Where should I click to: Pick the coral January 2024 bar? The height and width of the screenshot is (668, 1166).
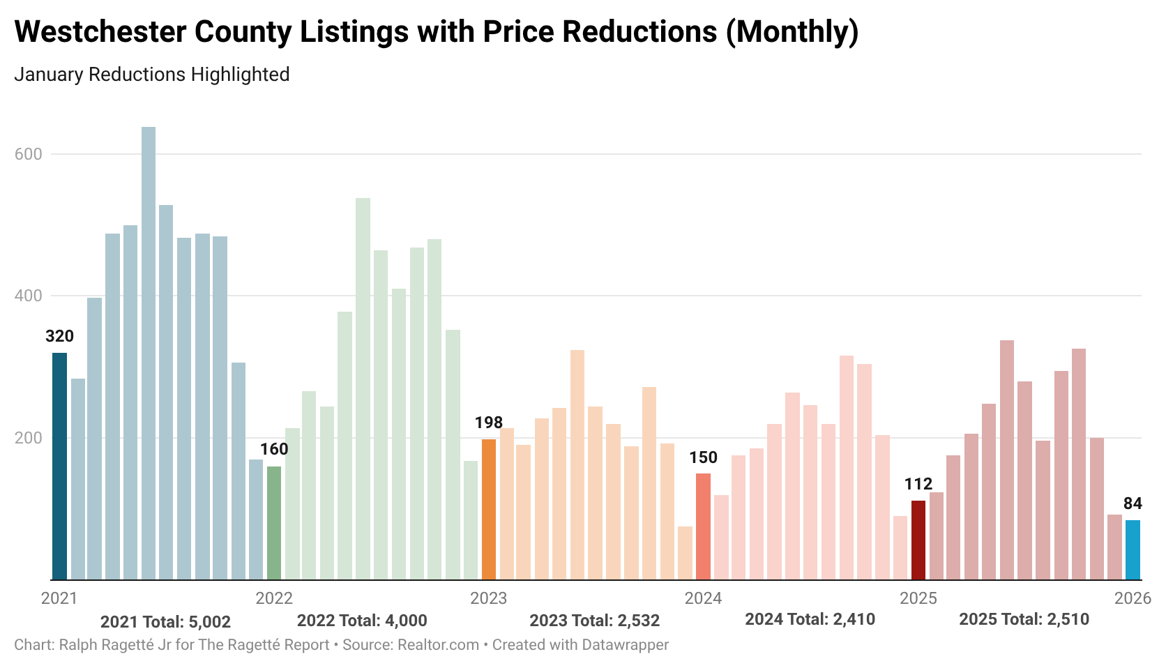(703, 526)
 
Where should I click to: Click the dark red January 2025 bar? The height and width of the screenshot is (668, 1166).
(918, 540)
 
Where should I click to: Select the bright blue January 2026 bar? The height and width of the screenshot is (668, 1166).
(1133, 549)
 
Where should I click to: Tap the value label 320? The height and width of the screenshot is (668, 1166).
(60, 336)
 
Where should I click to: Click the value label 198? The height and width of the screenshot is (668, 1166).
(489, 423)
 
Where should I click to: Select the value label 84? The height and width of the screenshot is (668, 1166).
(1133, 503)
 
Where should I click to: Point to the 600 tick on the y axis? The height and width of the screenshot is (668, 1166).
(29, 154)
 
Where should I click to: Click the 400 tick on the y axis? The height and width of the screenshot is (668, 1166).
(29, 296)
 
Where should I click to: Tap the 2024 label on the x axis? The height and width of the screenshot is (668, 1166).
(703, 598)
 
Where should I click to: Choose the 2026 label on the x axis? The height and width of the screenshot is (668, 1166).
(1133, 598)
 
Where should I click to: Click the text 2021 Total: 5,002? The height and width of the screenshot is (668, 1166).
(165, 621)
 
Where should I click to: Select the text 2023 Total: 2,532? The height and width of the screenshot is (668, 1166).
(594, 620)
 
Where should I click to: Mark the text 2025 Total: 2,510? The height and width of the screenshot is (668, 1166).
(1024, 619)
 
